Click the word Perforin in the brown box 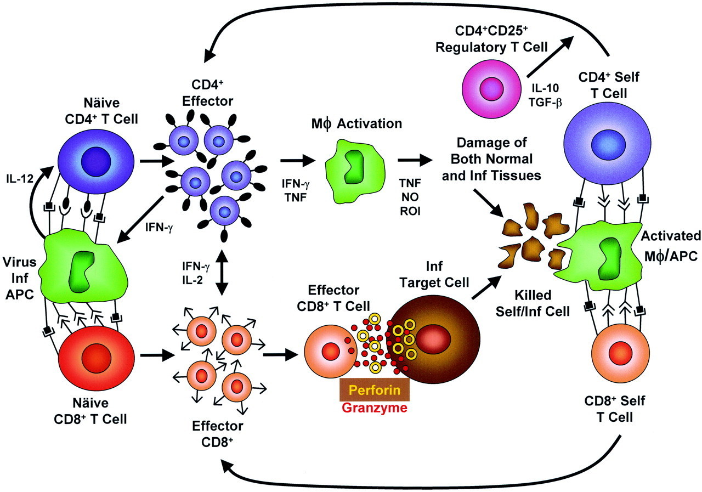coord(373,391)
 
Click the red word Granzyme coord(373,407)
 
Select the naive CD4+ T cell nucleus coord(96,163)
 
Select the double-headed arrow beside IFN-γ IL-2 coord(222,273)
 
